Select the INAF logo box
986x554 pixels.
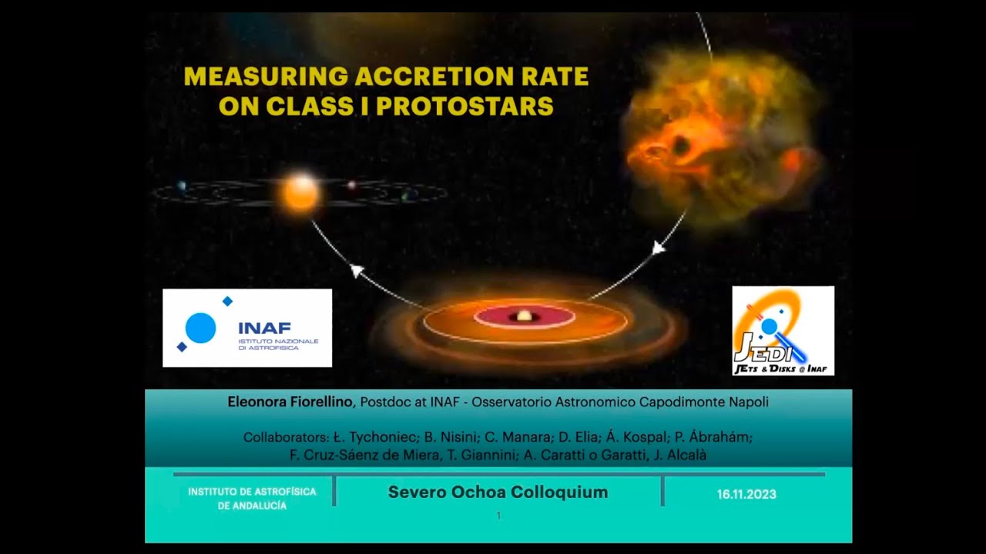point(247,328)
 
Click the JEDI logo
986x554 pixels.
point(783,331)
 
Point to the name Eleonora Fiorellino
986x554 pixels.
point(291,402)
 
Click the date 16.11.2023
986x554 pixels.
point(746,495)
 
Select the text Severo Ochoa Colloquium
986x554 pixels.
point(498,492)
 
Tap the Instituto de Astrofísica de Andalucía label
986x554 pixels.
point(252,499)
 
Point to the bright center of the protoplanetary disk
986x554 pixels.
point(524,315)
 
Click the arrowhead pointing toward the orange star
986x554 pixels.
point(356,270)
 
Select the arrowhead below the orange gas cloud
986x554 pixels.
point(659,248)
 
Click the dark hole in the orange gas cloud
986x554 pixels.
point(681,145)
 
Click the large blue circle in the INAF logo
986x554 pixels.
point(200,329)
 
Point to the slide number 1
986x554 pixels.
point(498,516)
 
